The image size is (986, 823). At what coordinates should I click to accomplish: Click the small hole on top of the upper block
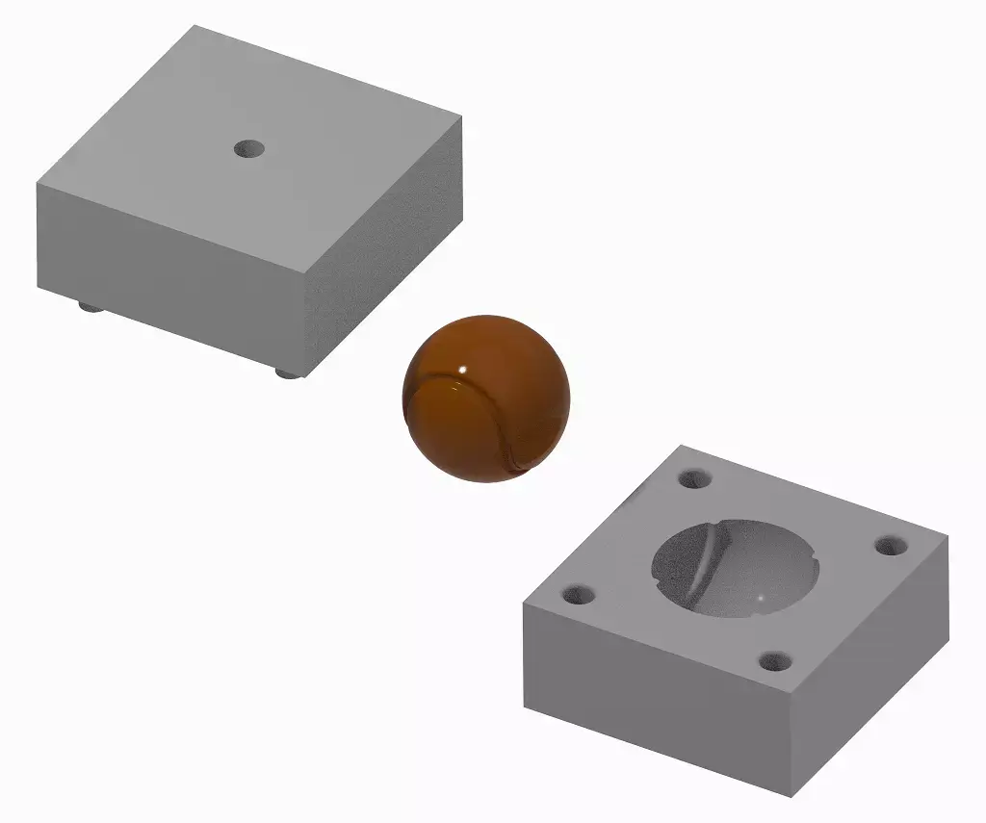pos(250,148)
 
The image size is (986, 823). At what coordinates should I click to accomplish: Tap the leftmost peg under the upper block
pos(90,307)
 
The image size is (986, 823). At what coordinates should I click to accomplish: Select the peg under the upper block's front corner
pos(285,372)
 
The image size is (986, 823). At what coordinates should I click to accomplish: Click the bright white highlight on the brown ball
pos(463,370)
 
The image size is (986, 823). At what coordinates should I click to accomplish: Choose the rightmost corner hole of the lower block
pos(891,545)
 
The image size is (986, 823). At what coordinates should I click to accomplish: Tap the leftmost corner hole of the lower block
pos(579,595)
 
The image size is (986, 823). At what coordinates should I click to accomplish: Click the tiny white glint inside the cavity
pos(762,600)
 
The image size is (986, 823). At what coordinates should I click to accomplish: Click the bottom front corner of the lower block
pos(791,796)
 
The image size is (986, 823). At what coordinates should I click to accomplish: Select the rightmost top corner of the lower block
pos(946,556)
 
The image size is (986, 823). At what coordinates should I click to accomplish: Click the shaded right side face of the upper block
pos(385,241)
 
